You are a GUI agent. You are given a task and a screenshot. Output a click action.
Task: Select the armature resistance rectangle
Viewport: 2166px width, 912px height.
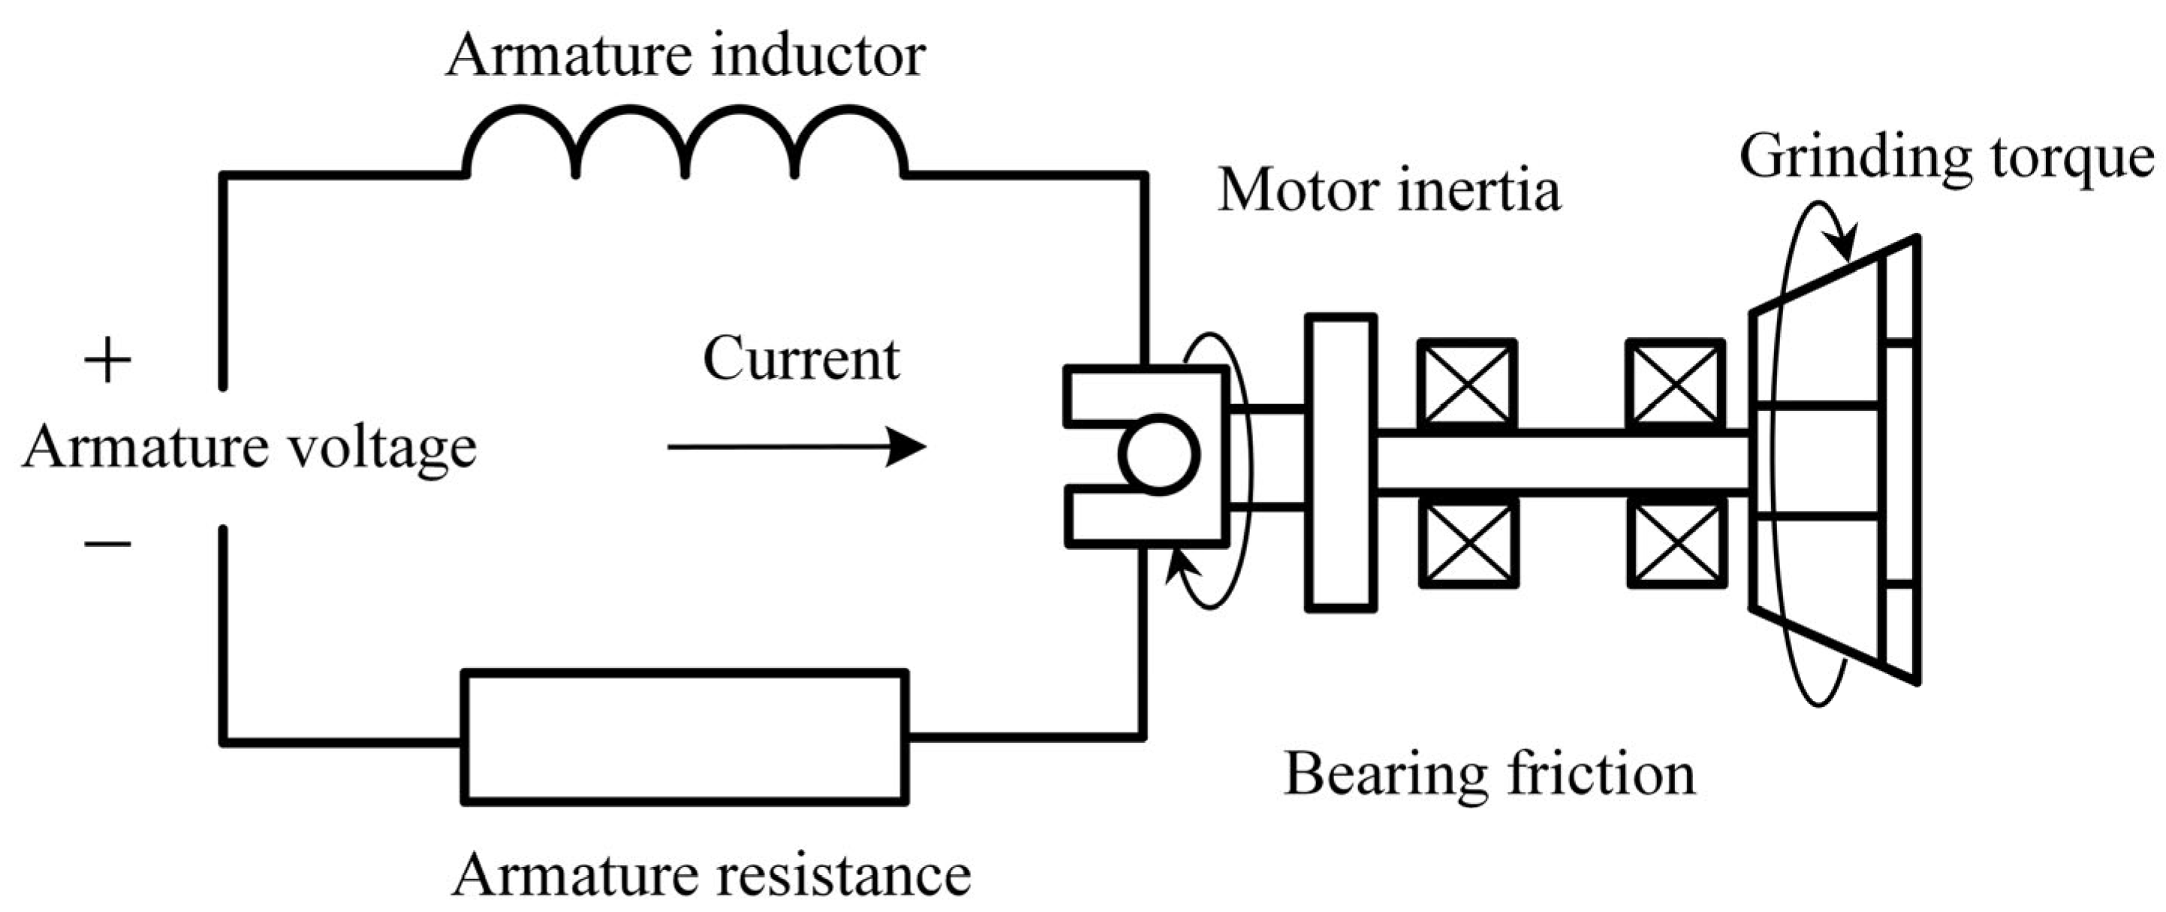coord(685,738)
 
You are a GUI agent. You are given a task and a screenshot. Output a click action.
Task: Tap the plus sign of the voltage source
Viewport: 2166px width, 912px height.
coord(107,362)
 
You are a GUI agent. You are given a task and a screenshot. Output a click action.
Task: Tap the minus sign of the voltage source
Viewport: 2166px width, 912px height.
coord(107,543)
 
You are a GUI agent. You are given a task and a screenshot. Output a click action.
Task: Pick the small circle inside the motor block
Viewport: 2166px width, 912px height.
coord(1158,455)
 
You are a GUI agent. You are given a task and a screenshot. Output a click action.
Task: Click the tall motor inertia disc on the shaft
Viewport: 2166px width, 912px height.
coord(1341,462)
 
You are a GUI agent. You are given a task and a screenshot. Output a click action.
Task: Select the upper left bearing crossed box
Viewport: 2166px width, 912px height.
coord(1467,384)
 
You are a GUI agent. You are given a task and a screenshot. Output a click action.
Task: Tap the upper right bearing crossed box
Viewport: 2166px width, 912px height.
coord(1676,384)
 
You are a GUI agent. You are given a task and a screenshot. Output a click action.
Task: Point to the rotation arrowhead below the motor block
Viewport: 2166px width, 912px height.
coord(1177,566)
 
